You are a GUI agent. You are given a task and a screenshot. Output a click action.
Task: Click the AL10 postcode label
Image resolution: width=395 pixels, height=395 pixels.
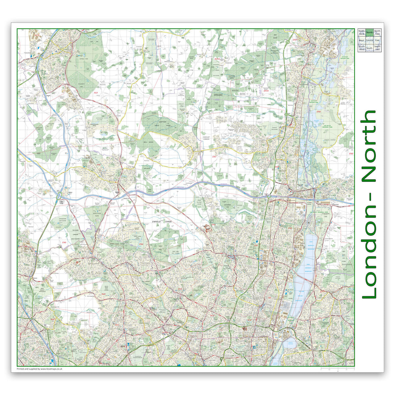click(x=37, y=35)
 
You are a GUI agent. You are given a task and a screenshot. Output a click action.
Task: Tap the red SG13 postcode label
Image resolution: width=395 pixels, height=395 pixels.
click(x=217, y=59)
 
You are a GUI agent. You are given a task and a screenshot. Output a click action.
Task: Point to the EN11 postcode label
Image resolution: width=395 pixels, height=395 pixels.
click(x=295, y=40)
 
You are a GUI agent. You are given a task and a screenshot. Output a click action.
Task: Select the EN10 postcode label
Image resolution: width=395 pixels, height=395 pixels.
click(x=266, y=91)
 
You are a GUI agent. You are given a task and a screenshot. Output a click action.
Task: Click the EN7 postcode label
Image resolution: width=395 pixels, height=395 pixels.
click(x=214, y=157)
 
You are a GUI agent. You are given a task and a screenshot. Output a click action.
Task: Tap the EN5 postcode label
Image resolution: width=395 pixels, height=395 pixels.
click(x=64, y=243)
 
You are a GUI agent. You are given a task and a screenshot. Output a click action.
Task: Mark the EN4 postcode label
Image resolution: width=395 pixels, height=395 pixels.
click(x=141, y=244)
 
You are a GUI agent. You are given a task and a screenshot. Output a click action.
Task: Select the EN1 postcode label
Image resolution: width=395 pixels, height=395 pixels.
click(x=255, y=245)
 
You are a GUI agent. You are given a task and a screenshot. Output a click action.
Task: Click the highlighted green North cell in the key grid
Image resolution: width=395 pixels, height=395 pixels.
click(x=369, y=32)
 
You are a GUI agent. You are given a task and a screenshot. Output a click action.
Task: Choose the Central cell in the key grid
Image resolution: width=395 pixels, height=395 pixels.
click(x=369, y=40)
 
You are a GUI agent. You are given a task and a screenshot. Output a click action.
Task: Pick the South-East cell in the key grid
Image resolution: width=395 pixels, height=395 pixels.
click(x=377, y=48)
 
